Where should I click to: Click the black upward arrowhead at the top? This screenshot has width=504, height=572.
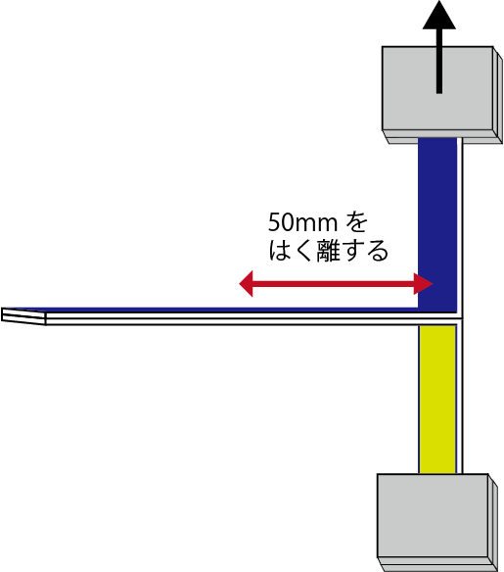(439, 16)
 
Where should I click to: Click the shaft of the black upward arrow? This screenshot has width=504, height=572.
(439, 61)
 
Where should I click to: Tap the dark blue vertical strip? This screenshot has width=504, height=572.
(437, 224)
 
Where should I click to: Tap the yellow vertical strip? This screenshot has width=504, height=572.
(437, 400)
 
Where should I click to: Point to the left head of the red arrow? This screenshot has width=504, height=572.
(246, 283)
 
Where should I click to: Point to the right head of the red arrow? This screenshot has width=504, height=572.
(423, 283)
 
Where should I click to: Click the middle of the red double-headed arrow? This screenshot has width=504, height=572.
(336, 283)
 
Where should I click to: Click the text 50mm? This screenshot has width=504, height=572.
(302, 222)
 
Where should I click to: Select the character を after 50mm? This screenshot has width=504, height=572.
(356, 222)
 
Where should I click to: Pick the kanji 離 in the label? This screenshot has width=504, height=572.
(329, 251)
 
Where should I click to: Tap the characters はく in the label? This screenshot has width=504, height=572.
(291, 251)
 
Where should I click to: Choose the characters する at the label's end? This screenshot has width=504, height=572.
(365, 251)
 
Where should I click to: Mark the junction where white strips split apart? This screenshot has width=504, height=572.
(460, 319)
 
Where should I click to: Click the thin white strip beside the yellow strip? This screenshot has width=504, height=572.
(460, 399)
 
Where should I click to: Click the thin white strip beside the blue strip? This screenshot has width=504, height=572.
(460, 225)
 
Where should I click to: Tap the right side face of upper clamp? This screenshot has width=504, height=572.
(498, 95)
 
